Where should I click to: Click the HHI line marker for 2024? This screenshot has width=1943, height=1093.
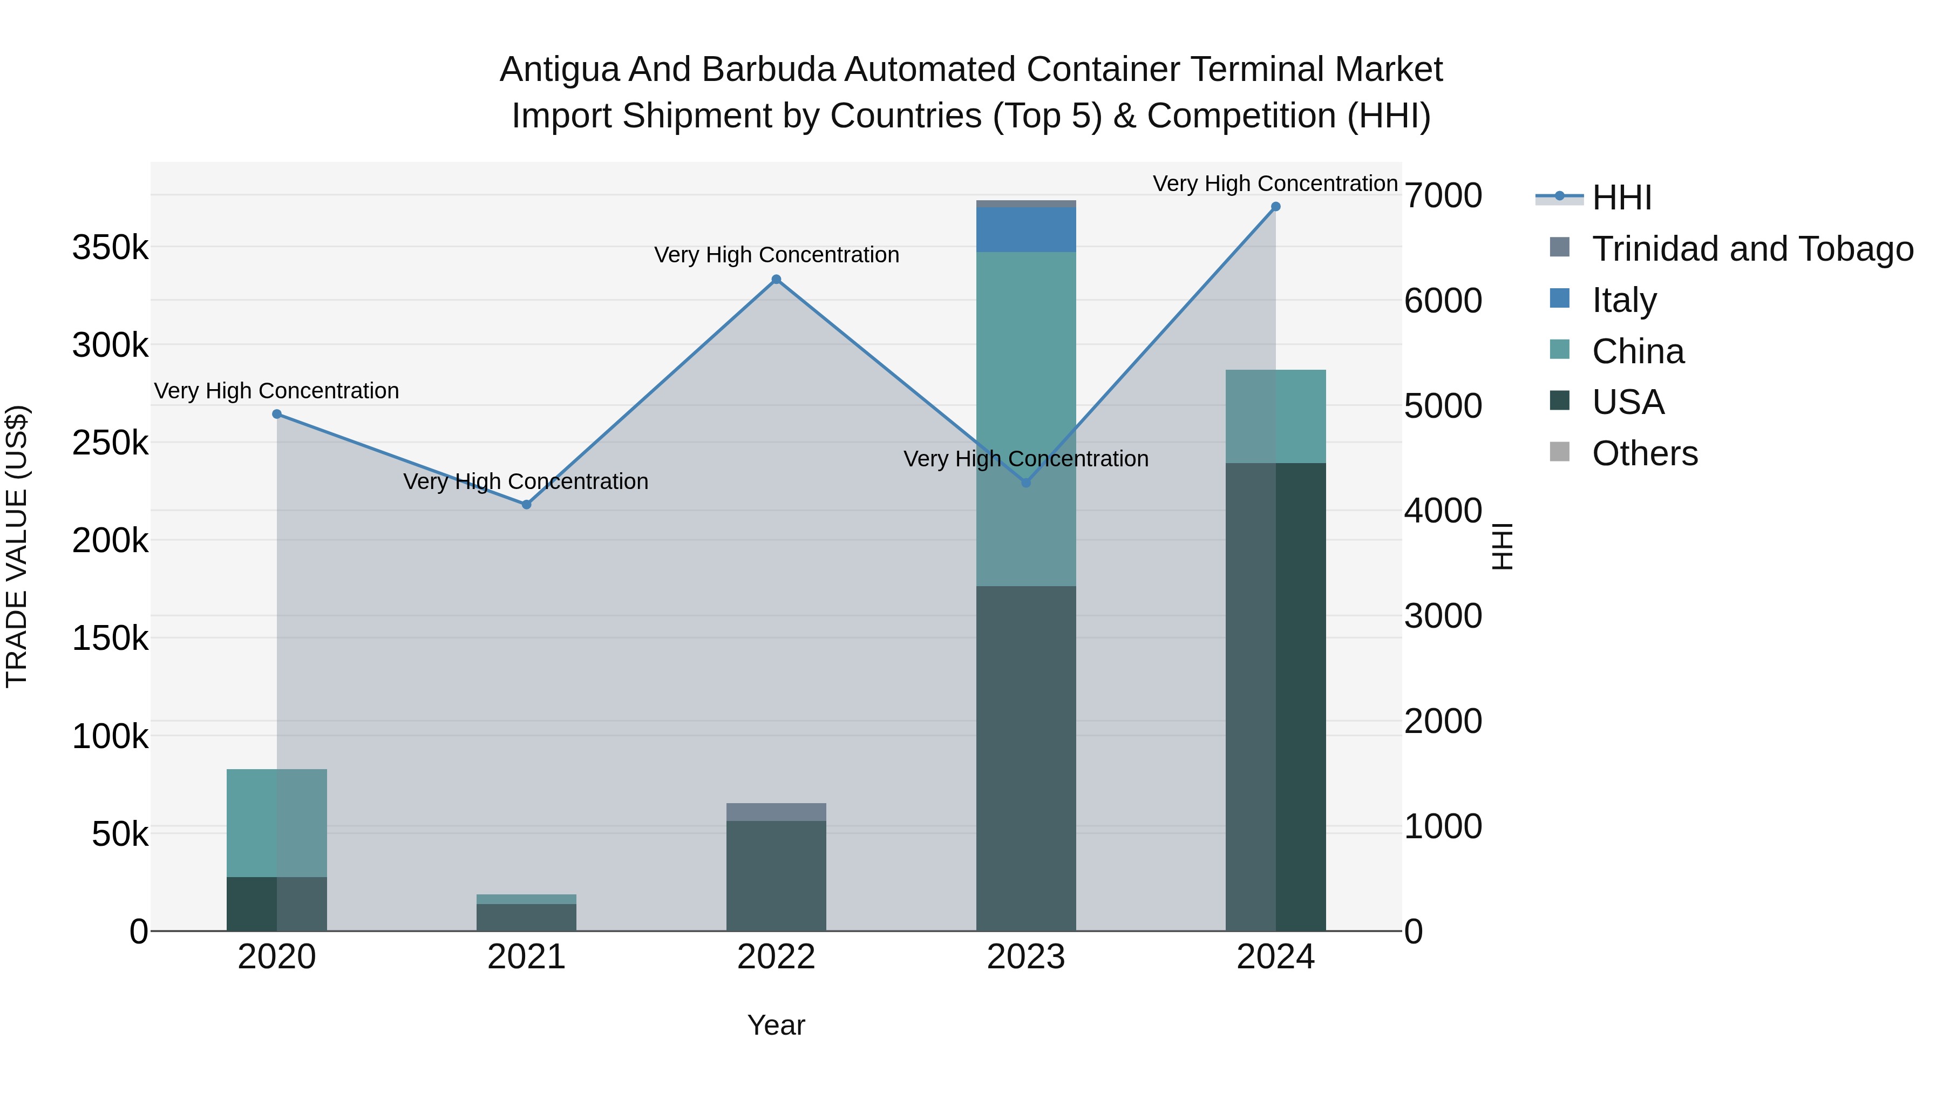(1275, 207)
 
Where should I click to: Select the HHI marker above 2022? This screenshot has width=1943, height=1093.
(776, 280)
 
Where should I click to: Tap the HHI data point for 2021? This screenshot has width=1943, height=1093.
(526, 505)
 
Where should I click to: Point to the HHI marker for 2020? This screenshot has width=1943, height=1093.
(277, 414)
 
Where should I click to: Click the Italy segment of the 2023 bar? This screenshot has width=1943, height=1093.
(1026, 229)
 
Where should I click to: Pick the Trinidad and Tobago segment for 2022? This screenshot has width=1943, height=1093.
(776, 812)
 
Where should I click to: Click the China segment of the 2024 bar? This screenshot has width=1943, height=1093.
(1275, 416)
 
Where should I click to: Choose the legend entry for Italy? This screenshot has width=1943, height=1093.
(1625, 300)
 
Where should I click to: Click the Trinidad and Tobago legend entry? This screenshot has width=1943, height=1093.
(1751, 249)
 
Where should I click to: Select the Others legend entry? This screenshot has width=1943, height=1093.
(1645, 453)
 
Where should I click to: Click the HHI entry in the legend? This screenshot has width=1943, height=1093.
(1622, 198)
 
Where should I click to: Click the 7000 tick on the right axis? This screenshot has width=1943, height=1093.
(1443, 196)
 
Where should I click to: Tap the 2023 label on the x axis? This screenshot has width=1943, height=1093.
(1026, 957)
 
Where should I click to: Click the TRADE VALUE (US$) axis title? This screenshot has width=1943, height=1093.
(17, 546)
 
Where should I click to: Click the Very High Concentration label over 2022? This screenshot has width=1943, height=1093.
(776, 255)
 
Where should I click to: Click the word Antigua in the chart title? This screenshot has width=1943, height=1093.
(559, 70)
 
